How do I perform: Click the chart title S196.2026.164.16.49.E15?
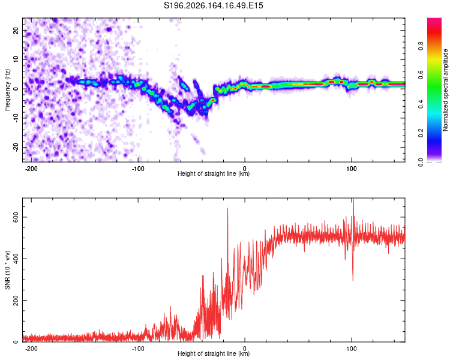[213, 5]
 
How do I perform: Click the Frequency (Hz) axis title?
[7, 90]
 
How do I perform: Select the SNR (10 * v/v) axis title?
[7, 270]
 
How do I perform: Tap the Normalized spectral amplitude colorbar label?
[445, 90]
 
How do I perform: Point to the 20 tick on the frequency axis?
[16, 30]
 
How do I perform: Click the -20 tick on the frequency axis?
[16, 147]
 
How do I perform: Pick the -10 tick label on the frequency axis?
[16, 118]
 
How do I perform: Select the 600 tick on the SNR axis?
[16, 217]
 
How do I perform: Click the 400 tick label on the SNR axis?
[16, 259]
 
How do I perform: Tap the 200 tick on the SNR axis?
[16, 300]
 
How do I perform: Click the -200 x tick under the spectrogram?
[31, 169]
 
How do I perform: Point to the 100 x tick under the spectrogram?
[351, 169]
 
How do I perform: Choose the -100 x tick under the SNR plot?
[138, 349]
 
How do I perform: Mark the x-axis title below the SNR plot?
[214, 353]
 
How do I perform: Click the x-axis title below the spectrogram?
[214, 173]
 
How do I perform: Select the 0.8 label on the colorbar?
[421, 46]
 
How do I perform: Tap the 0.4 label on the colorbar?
[421, 104]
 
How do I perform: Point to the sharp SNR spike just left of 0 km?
[227, 209]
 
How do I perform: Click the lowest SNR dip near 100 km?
[353, 280]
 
